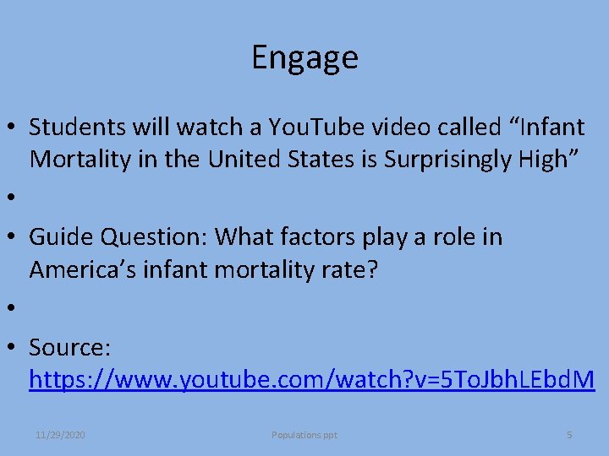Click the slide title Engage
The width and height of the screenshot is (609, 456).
304,57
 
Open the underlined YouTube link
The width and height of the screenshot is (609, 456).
311,379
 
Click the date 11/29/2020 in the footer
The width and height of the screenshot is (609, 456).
60,435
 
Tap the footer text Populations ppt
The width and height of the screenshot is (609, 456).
304,435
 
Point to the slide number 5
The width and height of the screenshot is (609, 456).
569,435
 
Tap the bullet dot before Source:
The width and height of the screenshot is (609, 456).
15,348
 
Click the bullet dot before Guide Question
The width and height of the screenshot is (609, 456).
15,238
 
